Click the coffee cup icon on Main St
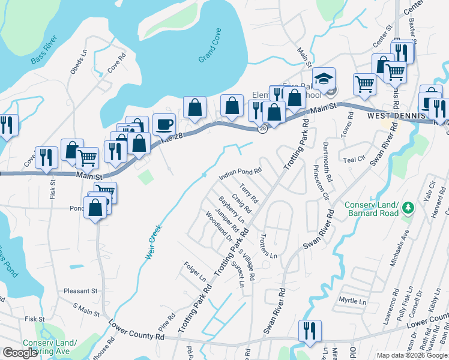164,124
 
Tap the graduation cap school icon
324,79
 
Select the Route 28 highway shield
263,129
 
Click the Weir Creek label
154,242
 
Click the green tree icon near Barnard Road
408,207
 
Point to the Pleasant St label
80,290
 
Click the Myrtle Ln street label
352,299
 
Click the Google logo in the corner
20,353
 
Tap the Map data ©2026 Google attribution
411,355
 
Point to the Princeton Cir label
325,187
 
